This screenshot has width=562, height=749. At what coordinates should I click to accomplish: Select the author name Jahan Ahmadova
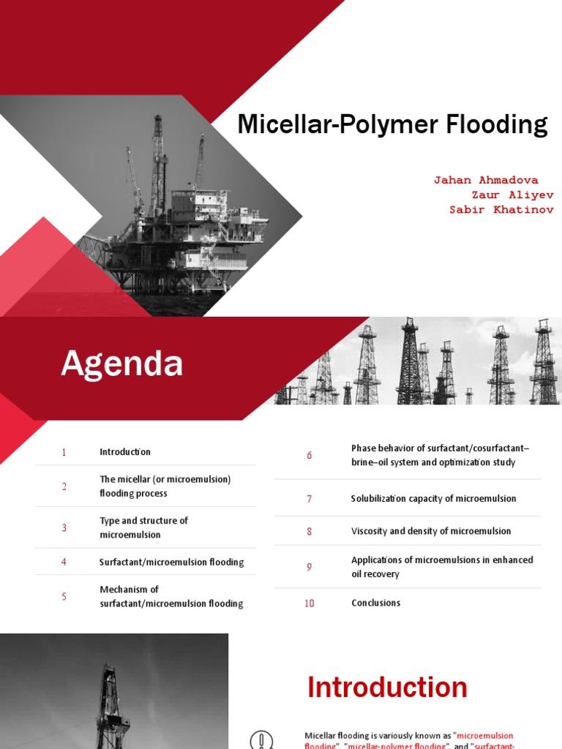click(x=486, y=180)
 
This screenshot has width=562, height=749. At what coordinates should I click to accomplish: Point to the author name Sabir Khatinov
click(x=501, y=210)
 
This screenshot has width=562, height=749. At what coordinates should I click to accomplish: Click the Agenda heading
click(x=121, y=364)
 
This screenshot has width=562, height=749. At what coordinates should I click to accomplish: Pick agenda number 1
click(x=64, y=452)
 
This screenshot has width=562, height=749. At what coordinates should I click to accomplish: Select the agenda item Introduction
click(x=125, y=452)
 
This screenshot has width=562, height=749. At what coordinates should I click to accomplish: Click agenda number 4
click(x=64, y=562)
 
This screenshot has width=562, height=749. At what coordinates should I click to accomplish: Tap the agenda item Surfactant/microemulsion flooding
click(x=171, y=562)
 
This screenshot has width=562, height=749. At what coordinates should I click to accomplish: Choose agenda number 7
click(x=310, y=499)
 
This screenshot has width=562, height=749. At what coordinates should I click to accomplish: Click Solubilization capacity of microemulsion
click(x=433, y=499)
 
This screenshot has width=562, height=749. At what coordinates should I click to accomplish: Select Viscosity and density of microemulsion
click(x=431, y=531)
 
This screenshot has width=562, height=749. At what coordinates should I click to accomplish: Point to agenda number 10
click(x=310, y=603)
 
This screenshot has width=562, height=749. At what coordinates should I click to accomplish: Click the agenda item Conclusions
click(x=375, y=603)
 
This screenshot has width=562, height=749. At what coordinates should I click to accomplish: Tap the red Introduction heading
click(x=387, y=688)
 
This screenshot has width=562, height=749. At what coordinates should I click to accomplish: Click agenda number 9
click(x=310, y=567)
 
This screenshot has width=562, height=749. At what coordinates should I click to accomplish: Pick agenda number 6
click(x=310, y=456)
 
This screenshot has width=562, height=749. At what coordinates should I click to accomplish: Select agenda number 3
click(x=64, y=527)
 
